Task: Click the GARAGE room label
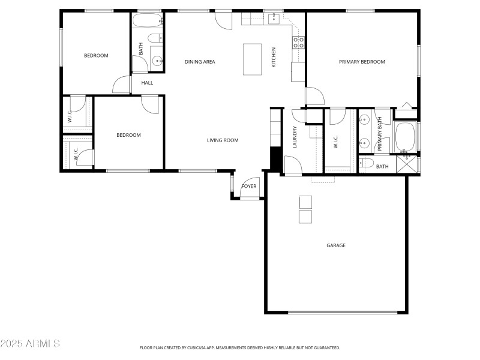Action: (x=336, y=245)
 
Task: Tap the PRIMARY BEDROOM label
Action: (x=362, y=62)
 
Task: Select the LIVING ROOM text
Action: (x=223, y=140)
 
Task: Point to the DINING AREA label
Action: (x=200, y=62)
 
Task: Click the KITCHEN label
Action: (x=274, y=57)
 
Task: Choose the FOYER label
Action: (x=248, y=186)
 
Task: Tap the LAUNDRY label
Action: (x=295, y=137)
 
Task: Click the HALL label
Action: (x=147, y=83)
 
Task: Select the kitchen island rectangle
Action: (x=252, y=59)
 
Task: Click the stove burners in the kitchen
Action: (x=298, y=42)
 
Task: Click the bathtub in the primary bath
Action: (x=405, y=137)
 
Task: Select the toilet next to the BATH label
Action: (x=366, y=163)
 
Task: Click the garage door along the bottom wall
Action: (x=343, y=312)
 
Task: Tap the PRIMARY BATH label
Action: (x=380, y=134)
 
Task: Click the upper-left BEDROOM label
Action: (x=96, y=56)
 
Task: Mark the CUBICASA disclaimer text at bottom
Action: (x=240, y=347)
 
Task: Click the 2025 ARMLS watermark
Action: (x=30, y=344)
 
